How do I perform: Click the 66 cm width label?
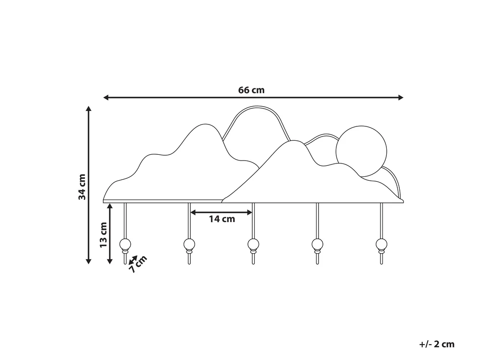pos(251,90)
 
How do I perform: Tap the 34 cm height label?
pos(82,187)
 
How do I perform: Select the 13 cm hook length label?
pos(103,235)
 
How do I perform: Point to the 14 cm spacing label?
pos(222,219)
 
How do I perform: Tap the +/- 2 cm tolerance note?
pos(437,344)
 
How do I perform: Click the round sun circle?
pos(361,151)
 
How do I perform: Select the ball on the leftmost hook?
pos(125,244)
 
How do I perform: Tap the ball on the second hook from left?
pos(189,244)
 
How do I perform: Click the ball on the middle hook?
pos(253,244)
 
